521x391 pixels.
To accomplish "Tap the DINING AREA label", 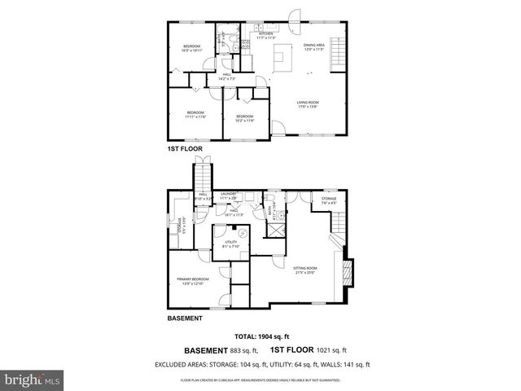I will click(x=314, y=46).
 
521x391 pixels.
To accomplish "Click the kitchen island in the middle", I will click(x=282, y=58).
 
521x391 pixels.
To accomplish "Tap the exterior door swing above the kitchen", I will click(x=295, y=16).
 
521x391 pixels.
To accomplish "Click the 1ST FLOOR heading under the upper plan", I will click(x=183, y=150).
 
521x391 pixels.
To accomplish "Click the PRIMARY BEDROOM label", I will click(x=193, y=281).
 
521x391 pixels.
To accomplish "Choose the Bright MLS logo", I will click(x=33, y=380).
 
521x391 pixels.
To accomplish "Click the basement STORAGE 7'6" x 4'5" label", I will click(x=329, y=201).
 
